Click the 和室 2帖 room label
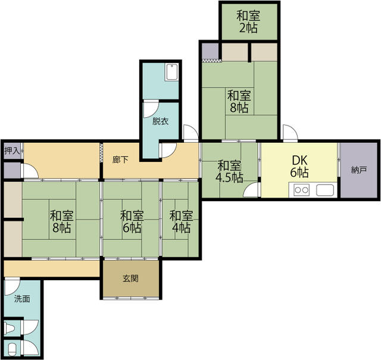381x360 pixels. pyautogui.click(x=248, y=21)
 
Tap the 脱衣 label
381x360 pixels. pyautogui.click(x=160, y=121)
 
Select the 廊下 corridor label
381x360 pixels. pyautogui.click(x=120, y=159)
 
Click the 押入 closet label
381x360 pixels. pyautogui.click(x=12, y=151)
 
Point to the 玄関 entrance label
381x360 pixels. pyautogui.click(x=131, y=278)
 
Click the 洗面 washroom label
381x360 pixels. pyautogui.click(x=22, y=299)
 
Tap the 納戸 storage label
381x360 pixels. pyautogui.click(x=359, y=170)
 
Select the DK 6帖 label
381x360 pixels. pyautogui.click(x=299, y=167)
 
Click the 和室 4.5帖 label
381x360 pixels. pyautogui.click(x=229, y=171)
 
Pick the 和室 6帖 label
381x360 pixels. pyautogui.click(x=132, y=221)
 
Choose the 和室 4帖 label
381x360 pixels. pyautogui.click(x=181, y=221)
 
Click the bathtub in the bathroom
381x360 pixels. pyautogui.click(x=172, y=72)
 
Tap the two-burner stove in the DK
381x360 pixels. pyautogui.click(x=302, y=190)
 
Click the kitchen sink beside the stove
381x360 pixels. pyautogui.click(x=325, y=190)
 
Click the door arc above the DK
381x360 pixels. pyautogui.click(x=290, y=133)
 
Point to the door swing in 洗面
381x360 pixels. pyautogui.click(x=12, y=287)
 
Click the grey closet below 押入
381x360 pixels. pyautogui.click(x=12, y=170)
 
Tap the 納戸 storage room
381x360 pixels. pyautogui.click(x=358, y=170)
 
